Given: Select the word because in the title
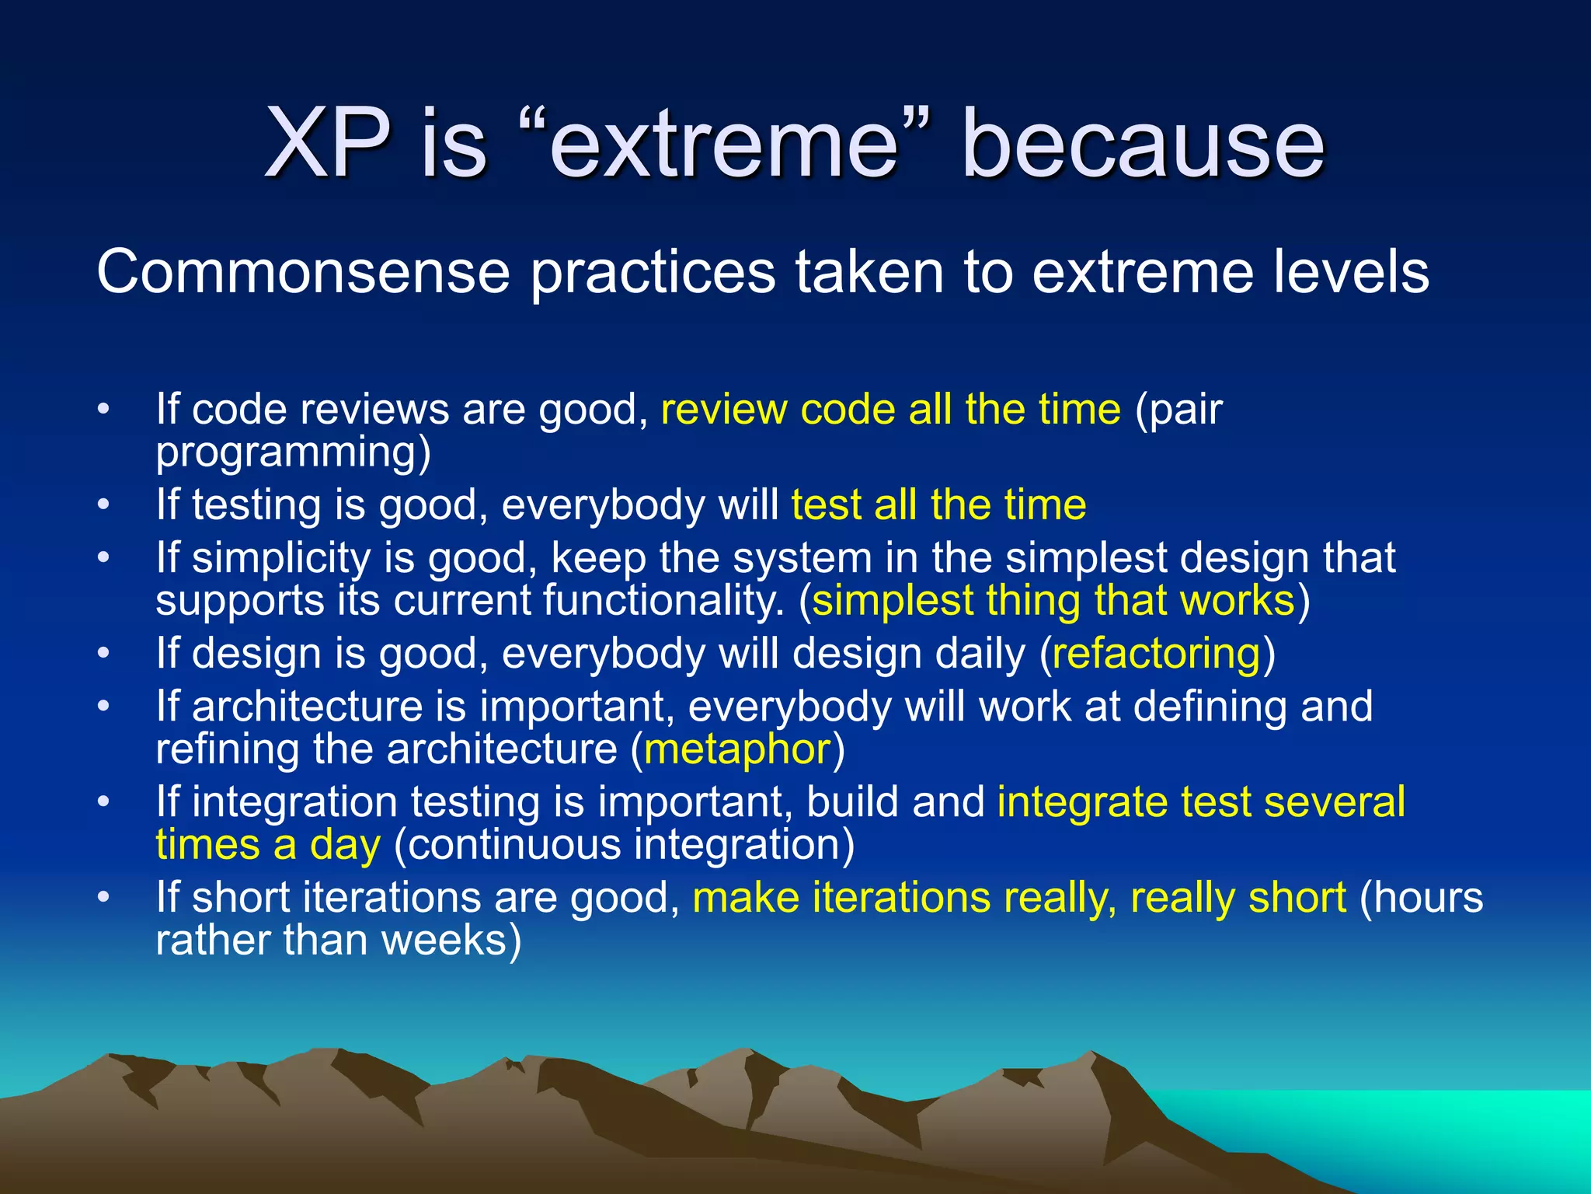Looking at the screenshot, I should coord(1142,144).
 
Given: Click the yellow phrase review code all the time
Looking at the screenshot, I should coord(890,409).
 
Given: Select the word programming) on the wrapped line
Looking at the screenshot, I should coord(293,453).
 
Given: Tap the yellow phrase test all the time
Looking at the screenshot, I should coord(938,504).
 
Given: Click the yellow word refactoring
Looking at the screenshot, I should coord(1156,654).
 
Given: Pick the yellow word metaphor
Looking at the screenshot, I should coord(737,749).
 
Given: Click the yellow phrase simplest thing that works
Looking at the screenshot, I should coord(1053,601).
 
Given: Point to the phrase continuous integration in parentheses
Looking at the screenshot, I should coord(624,845).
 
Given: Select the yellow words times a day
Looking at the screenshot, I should coord(268,845).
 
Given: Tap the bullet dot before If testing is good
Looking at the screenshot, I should coord(104,505).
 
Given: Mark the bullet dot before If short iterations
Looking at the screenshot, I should coord(104,898).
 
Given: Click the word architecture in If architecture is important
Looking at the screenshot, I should coord(307,707).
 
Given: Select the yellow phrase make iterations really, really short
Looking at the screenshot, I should coord(1018,898).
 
